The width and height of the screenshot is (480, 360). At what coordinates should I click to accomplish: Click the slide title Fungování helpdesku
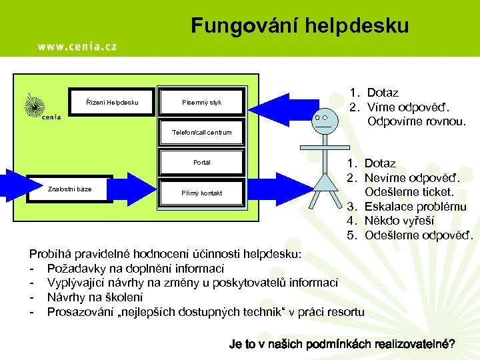click(299, 25)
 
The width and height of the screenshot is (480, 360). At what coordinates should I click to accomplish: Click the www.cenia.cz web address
click(77, 46)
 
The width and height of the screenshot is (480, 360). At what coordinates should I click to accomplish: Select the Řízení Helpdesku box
click(113, 102)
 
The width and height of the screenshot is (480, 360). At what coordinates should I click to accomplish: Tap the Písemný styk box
click(201, 102)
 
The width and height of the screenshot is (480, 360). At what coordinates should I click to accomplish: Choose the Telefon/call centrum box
click(201, 132)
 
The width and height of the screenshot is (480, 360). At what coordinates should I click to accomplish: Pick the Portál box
click(201, 162)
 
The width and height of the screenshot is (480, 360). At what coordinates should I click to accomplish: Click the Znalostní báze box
click(69, 189)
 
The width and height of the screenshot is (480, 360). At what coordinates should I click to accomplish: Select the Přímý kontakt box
click(201, 193)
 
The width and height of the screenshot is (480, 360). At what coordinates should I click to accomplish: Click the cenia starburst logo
click(35, 105)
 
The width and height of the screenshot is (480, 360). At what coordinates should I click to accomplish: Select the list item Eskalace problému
click(416, 206)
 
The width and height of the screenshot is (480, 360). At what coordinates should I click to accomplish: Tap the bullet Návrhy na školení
click(94, 297)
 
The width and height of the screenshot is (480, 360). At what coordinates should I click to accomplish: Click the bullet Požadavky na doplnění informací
click(135, 269)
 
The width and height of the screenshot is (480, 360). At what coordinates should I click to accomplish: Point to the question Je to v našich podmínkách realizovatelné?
click(342, 344)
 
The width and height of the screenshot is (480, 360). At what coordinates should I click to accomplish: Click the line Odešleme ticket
click(411, 192)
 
